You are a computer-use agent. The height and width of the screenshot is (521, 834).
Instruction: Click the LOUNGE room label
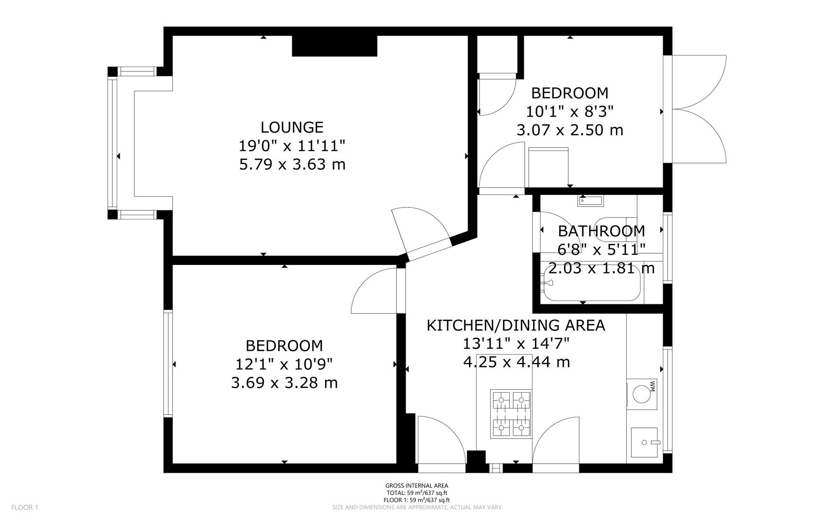(x=292, y=127)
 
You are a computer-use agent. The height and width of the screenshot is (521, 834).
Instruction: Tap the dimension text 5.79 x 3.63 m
(x=292, y=165)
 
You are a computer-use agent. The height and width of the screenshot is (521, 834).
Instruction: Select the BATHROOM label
(x=601, y=231)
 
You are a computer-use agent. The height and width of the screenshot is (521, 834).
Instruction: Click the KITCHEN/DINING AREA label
(x=516, y=325)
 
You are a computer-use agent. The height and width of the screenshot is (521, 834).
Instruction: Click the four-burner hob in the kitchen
(x=511, y=414)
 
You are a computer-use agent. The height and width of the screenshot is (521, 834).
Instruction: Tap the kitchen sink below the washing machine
(x=644, y=441)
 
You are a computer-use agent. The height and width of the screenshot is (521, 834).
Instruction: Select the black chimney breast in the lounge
(x=334, y=46)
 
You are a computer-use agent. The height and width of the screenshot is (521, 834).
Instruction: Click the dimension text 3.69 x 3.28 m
(x=285, y=383)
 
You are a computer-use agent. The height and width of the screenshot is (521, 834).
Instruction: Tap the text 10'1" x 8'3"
(x=570, y=111)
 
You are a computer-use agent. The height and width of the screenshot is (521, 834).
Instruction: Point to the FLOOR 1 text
(x=25, y=507)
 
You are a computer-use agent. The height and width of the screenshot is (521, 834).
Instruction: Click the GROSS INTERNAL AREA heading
(x=417, y=486)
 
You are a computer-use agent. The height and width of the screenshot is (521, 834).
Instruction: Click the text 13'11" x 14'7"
(x=516, y=343)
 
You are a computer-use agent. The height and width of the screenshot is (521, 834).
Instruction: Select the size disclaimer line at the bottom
(x=417, y=507)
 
